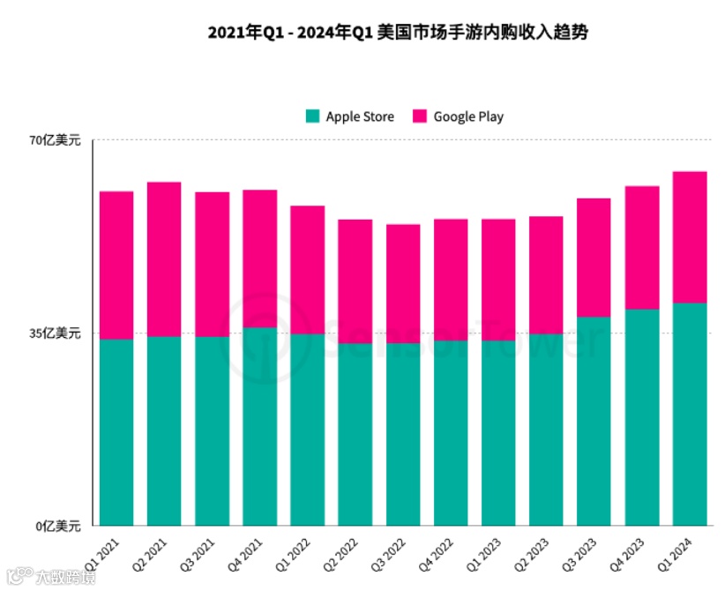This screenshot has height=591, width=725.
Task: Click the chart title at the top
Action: click(x=397, y=34)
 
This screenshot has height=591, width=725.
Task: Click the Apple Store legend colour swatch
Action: click(x=312, y=116)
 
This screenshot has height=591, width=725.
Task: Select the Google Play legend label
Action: click(x=468, y=116)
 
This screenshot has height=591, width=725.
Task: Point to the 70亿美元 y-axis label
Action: click(x=55, y=140)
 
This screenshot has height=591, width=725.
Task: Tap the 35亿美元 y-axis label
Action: click(x=55, y=333)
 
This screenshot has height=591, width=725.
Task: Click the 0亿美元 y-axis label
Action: click(x=58, y=526)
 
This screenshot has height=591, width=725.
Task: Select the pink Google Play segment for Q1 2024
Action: click(x=689, y=236)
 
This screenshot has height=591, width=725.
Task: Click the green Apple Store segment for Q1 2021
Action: click(x=116, y=432)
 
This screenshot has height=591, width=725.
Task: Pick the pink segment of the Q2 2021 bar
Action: click(x=164, y=258)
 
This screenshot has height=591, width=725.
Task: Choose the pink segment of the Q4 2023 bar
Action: click(x=641, y=247)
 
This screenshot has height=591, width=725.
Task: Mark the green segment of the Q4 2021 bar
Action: click(x=259, y=426)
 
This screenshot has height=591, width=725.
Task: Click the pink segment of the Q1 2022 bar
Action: click(x=308, y=269)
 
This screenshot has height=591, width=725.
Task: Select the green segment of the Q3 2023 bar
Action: click(x=594, y=421)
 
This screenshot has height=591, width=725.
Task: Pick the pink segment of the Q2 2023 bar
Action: click(x=546, y=274)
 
